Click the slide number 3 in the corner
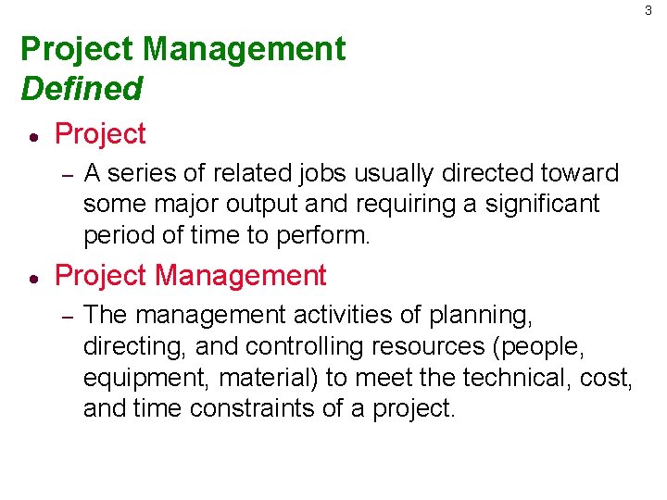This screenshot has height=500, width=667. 648,10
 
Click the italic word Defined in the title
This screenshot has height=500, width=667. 82,89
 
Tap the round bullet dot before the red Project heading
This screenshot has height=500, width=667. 32,135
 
